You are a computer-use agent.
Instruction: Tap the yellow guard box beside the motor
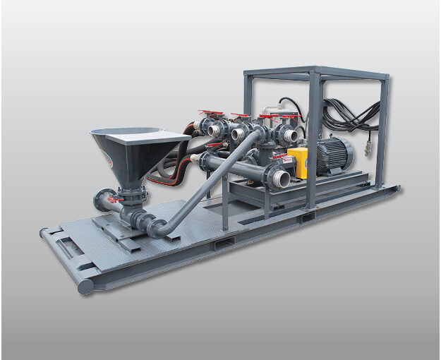coord(299,162)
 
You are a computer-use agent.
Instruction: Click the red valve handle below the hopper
coord(113,200)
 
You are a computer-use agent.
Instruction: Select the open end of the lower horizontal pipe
coord(281,178)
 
